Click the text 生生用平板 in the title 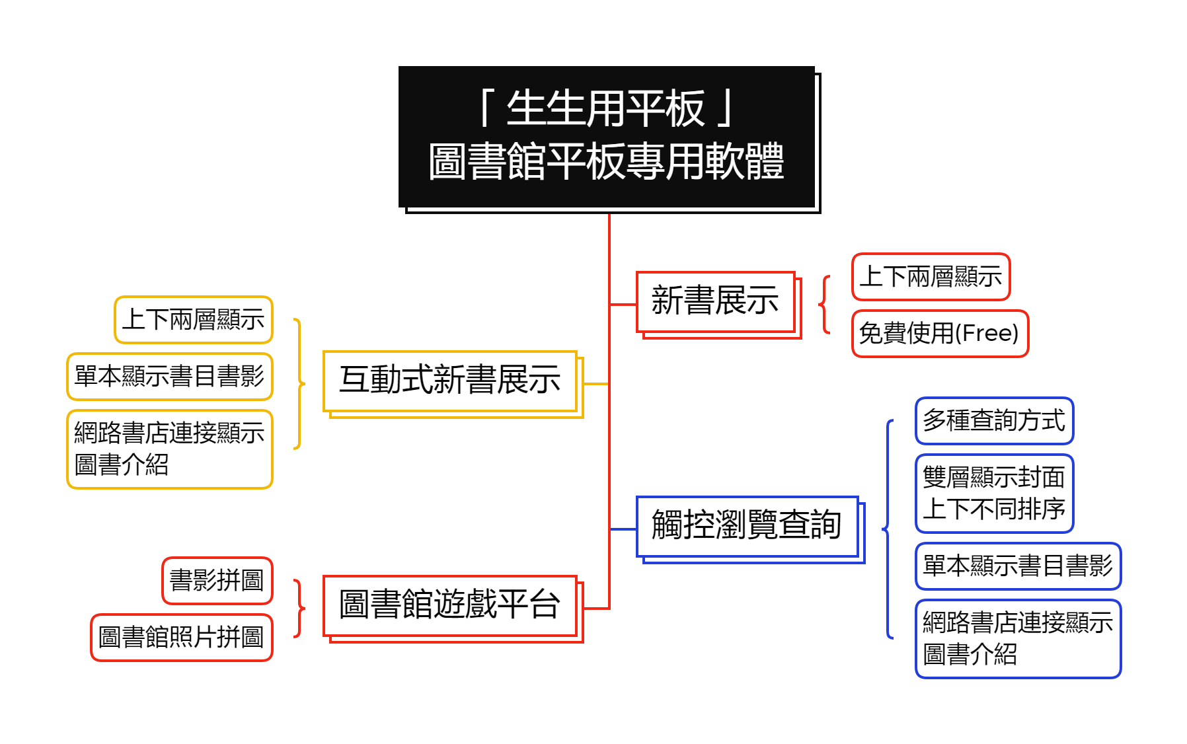605,109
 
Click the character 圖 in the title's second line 447,162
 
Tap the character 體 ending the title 765,162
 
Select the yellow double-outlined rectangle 450,382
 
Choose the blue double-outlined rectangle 747,527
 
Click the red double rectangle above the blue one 716,303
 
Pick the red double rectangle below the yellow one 450,607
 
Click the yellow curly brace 299,383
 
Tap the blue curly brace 888,529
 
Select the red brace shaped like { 824,305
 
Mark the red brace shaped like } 299,608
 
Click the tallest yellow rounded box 170,449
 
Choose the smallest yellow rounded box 194,320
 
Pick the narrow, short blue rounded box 994,421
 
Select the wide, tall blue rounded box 1018,639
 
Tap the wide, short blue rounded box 1018,566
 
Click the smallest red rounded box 217,581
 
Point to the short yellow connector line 596,383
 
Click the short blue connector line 623,529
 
